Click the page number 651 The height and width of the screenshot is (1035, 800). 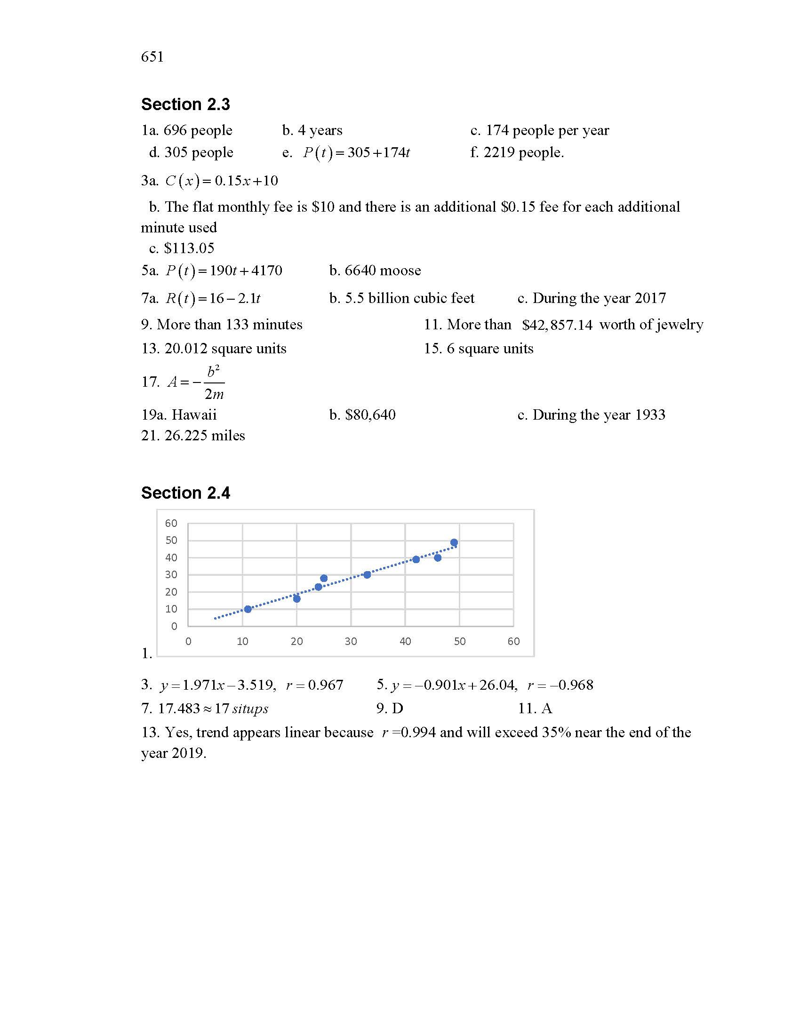pyautogui.click(x=152, y=57)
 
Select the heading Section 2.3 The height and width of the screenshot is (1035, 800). pyautogui.click(x=185, y=104)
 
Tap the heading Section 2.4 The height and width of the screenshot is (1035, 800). pyautogui.click(x=185, y=493)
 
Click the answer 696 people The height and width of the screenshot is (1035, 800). pyautogui.click(x=198, y=130)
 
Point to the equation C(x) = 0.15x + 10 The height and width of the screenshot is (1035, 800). pyautogui.click(x=221, y=181)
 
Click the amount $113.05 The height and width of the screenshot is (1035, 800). pyautogui.click(x=189, y=248)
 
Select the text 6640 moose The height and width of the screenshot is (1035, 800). pyautogui.click(x=383, y=271)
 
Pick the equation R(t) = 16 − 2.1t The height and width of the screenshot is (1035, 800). pyautogui.click(x=213, y=298)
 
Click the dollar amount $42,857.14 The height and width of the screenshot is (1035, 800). pyautogui.click(x=557, y=325)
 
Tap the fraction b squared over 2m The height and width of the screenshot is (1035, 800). pyautogui.click(x=214, y=382)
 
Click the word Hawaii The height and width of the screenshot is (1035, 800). pyautogui.click(x=194, y=415)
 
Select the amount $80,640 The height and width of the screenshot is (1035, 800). pyautogui.click(x=370, y=415)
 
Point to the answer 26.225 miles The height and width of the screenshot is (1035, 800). pyautogui.click(x=204, y=436)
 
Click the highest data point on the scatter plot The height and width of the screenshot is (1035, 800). pyautogui.click(x=454, y=542)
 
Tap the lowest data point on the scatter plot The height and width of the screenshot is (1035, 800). pyautogui.click(x=248, y=609)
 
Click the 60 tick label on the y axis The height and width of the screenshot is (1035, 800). pyautogui.click(x=171, y=523)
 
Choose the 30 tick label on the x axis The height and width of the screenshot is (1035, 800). pyautogui.click(x=351, y=641)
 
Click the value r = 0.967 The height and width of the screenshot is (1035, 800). pyautogui.click(x=315, y=685)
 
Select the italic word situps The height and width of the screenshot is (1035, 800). pyautogui.click(x=250, y=709)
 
